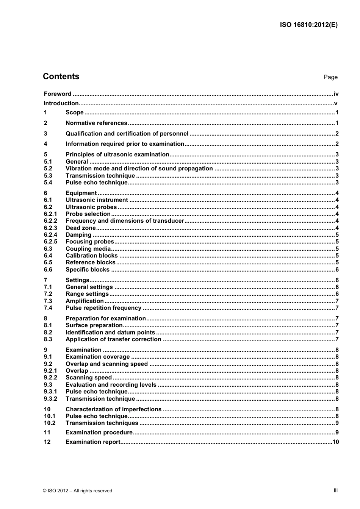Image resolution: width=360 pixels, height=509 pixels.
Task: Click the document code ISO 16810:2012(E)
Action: coord(308,25)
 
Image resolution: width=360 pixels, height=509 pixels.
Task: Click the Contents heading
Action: coord(61,77)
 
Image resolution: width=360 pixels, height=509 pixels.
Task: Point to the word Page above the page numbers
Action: coord(330,77)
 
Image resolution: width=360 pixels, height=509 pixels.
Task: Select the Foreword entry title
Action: coord(58,94)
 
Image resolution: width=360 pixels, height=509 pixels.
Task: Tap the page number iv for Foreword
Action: coord(336,94)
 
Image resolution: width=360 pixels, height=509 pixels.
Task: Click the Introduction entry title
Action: coord(61,103)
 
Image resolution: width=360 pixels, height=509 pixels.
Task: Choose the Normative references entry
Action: coord(96,123)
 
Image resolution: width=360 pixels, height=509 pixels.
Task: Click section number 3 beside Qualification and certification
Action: coord(45,134)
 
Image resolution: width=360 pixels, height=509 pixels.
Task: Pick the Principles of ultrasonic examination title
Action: coord(117,155)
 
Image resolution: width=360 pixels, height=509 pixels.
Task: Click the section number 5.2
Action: coord(48,169)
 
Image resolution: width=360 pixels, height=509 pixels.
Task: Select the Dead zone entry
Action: coord(80,228)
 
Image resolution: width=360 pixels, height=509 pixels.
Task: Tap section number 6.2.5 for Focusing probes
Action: coord(50,242)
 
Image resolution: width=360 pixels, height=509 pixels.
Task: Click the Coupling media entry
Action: coord(88,249)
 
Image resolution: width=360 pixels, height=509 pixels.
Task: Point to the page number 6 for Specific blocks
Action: coord(337,270)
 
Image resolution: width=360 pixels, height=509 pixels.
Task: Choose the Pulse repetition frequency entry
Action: coord(103,308)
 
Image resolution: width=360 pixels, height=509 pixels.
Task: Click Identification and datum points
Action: coord(110,333)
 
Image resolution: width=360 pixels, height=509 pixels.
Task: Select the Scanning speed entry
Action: coord(89,378)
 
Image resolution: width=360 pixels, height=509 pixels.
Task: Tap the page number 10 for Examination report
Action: coord(335,442)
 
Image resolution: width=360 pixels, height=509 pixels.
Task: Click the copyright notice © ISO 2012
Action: coord(77,491)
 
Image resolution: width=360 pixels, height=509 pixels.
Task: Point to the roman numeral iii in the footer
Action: coord(335,490)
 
